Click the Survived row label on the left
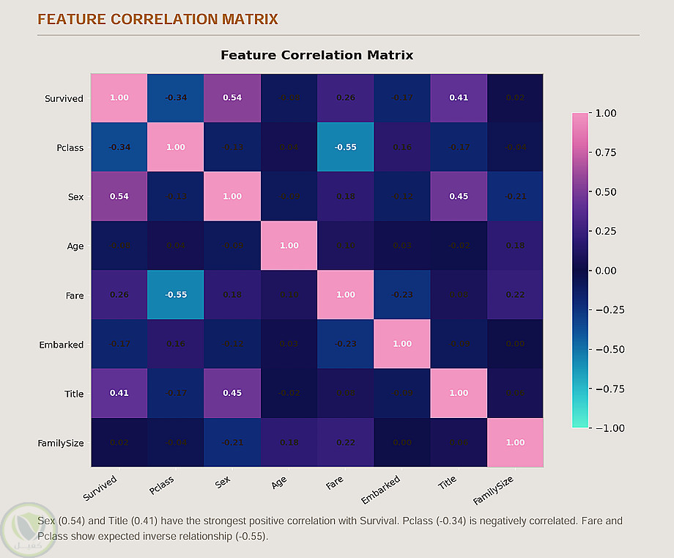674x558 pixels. [64, 98]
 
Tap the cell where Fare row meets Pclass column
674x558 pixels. [176, 295]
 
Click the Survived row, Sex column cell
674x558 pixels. [232, 98]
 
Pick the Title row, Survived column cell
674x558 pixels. [119, 394]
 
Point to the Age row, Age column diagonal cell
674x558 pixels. [289, 246]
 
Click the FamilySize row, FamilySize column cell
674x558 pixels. [515, 443]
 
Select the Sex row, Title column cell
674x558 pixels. [459, 197]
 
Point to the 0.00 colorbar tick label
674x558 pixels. [607, 271]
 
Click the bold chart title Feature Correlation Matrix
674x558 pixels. [316, 55]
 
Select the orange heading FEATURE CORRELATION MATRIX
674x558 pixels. [158, 19]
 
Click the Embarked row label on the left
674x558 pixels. [61, 345]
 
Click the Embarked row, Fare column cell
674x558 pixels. [345, 345]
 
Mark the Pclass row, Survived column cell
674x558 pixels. [119, 147]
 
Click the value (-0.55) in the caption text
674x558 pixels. [253, 536]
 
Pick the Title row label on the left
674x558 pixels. [73, 394]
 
